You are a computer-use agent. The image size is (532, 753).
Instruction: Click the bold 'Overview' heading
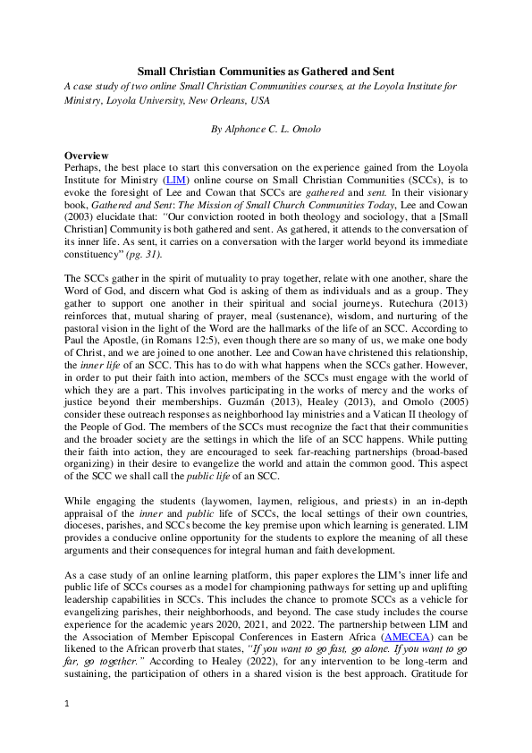(87, 156)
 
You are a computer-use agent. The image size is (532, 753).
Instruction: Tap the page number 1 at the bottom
(66, 729)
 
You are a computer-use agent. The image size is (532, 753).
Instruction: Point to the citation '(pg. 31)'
(144, 230)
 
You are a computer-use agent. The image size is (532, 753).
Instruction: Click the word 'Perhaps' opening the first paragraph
(84, 167)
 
